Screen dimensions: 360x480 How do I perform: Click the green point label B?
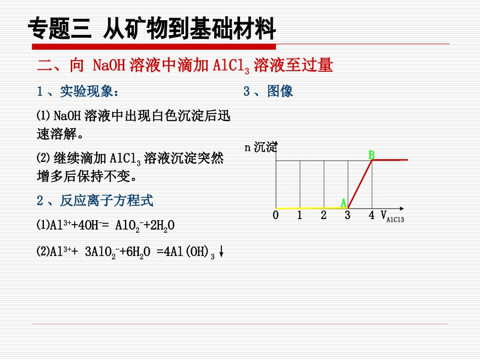click(x=371, y=155)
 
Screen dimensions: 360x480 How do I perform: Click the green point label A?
click(x=344, y=203)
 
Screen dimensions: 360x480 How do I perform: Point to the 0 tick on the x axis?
click(x=275, y=216)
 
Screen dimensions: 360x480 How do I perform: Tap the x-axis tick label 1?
click(x=300, y=216)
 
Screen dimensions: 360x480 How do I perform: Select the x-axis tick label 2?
click(x=323, y=216)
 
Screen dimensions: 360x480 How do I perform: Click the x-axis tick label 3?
click(x=348, y=216)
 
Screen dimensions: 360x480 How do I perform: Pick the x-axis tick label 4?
click(x=371, y=216)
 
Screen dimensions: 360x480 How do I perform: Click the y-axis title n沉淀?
click(x=261, y=147)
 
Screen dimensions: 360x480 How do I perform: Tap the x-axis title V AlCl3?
click(x=392, y=217)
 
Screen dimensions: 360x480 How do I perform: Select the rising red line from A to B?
click(x=360, y=184)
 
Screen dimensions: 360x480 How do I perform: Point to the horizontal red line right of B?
click(x=390, y=160)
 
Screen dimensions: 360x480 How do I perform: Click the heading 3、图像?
click(x=268, y=91)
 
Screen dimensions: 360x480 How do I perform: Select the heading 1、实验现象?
click(x=78, y=91)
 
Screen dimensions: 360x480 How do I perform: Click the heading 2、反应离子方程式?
click(x=94, y=201)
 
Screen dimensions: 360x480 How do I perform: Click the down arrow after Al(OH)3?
click(x=221, y=251)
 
